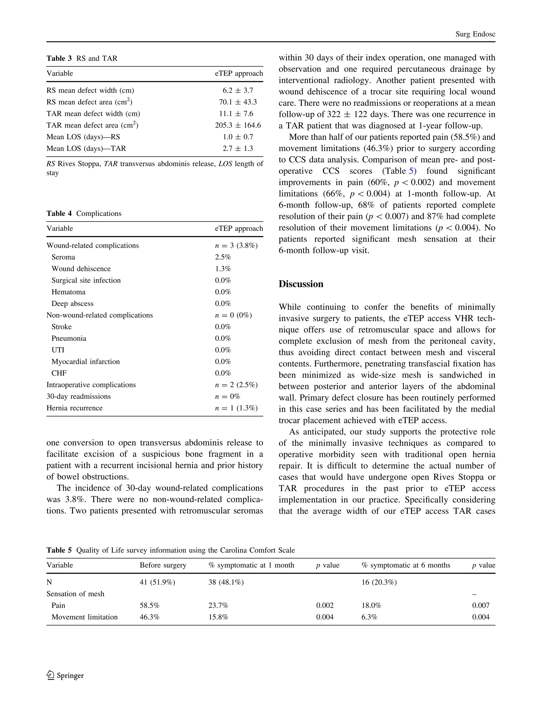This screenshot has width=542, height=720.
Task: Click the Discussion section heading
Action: point(301,284)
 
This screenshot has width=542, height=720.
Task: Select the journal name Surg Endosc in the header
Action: point(475,34)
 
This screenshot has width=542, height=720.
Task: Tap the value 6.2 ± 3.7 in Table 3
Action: point(238,90)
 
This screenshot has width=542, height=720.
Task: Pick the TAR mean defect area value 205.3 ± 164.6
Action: point(238,125)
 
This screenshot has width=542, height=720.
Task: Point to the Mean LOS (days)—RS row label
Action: point(83,137)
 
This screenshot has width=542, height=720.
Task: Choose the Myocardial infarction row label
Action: point(85,362)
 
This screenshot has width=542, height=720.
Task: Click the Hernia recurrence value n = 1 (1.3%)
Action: point(236,408)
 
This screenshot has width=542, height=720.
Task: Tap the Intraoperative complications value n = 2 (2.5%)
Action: point(236,385)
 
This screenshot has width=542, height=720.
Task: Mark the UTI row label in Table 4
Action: point(58,350)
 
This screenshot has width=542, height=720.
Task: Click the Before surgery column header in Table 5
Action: point(163,565)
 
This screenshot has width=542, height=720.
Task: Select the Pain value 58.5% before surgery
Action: point(150,605)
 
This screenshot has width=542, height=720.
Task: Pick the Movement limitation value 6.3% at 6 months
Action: point(369,617)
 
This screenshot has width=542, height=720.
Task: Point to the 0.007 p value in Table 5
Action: point(481,605)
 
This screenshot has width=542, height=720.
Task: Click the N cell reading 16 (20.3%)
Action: point(379,582)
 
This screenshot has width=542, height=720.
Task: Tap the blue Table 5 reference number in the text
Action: point(411,171)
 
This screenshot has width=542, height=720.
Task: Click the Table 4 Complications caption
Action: point(84,214)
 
